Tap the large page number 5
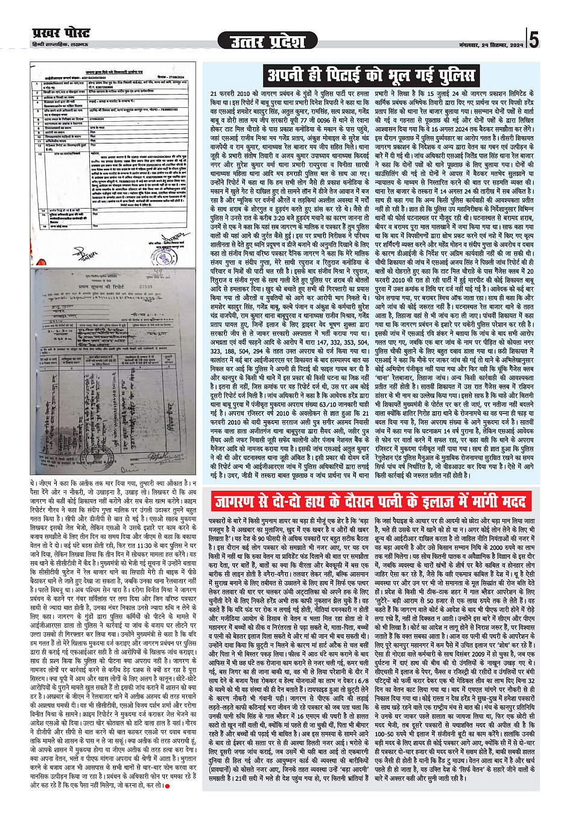534,40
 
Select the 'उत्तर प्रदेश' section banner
268,41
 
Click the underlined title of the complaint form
113,70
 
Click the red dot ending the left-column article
166,784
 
